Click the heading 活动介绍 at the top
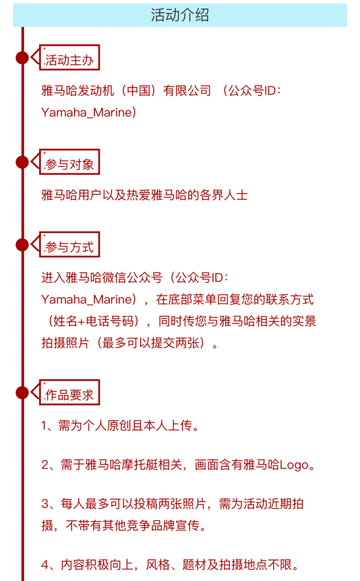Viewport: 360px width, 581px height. pyautogui.click(x=179, y=15)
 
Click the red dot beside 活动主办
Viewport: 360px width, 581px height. pyautogui.click(x=22, y=58)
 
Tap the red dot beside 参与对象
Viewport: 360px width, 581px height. pyautogui.click(x=22, y=162)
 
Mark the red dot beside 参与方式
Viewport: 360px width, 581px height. pyautogui.click(x=22, y=244)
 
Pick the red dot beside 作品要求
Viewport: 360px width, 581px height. pyautogui.click(x=22, y=393)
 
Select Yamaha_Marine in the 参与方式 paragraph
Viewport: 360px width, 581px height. pyautogui.click(x=86, y=300)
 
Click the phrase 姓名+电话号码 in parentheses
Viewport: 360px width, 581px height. pyautogui.click(x=94, y=321)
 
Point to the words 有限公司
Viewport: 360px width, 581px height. pyautogui.click(x=187, y=91)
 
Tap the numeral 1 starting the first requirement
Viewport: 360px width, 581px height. pyautogui.click(x=44, y=426)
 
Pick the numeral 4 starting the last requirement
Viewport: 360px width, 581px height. pyautogui.click(x=45, y=565)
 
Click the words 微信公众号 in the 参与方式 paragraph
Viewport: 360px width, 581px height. pyautogui.click(x=132, y=277)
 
